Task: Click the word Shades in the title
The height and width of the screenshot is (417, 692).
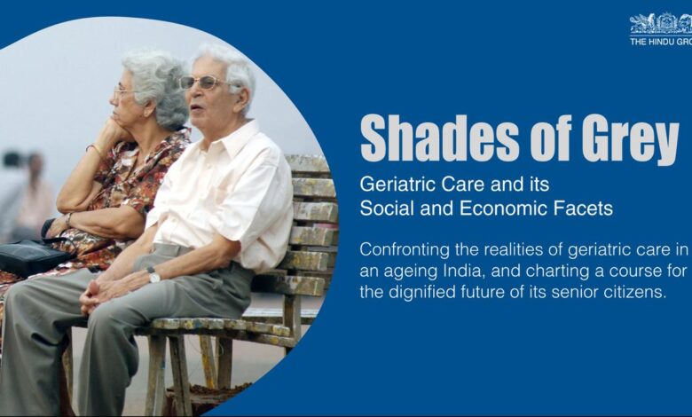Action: (440, 138)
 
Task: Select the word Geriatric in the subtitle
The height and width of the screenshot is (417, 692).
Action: (398, 184)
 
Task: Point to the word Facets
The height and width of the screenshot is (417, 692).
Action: (586, 208)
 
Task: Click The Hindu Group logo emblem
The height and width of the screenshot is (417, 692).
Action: (661, 23)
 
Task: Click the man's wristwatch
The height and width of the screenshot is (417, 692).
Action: (153, 275)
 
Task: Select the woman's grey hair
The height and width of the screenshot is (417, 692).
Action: (158, 86)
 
